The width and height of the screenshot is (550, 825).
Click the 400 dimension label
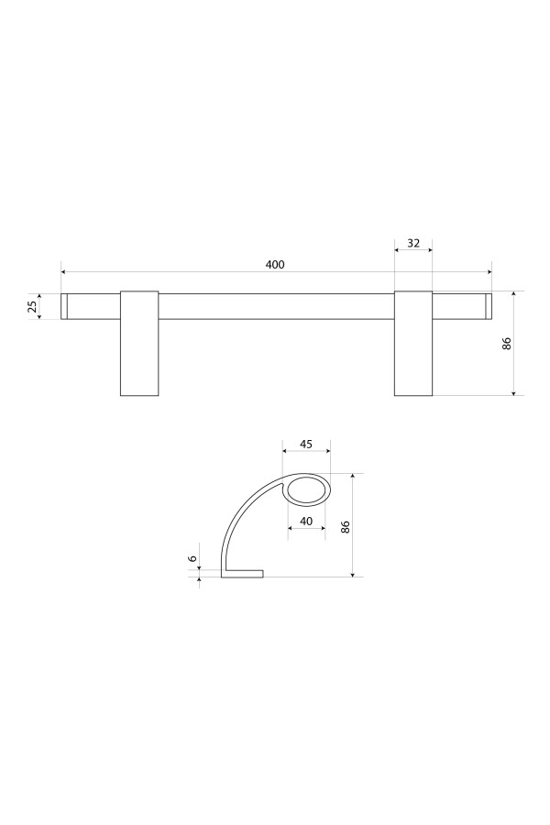coord(275,264)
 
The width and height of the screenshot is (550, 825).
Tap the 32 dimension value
coord(413,243)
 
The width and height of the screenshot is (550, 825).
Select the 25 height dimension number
coord(33,306)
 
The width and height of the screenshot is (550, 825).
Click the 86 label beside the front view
coord(507,343)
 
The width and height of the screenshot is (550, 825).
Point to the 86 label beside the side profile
coord(346,527)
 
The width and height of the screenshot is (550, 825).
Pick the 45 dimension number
coord(306,444)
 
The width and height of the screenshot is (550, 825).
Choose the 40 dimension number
coord(306,521)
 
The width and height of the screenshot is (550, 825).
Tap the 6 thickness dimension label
coord(192,558)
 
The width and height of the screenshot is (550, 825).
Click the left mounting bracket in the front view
coord(139,343)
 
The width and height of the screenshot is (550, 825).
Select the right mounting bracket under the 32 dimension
coord(413,343)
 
